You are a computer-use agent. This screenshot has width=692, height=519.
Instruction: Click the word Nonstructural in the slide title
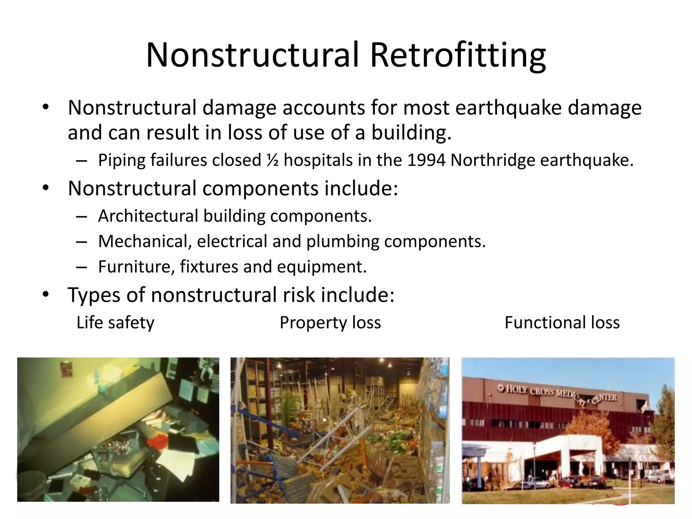252,56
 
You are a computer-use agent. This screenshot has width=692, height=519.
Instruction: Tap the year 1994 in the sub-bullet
426,160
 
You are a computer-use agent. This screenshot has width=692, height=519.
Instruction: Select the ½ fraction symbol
272,160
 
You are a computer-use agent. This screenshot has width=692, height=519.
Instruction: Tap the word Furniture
137,267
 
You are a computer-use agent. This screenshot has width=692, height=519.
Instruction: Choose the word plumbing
343,242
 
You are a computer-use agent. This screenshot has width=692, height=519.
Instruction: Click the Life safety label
115,323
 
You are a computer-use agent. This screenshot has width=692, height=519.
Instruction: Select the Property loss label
330,323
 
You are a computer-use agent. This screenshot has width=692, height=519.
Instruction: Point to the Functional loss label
562,323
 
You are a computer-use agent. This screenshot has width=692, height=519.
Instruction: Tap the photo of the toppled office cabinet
118,429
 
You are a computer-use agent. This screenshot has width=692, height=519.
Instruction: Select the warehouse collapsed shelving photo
340,430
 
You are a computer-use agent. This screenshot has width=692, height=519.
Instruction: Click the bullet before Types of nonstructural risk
46,295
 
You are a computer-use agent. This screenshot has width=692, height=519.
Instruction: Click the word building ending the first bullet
411,132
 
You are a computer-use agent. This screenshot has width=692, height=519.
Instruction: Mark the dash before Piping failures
81,161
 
